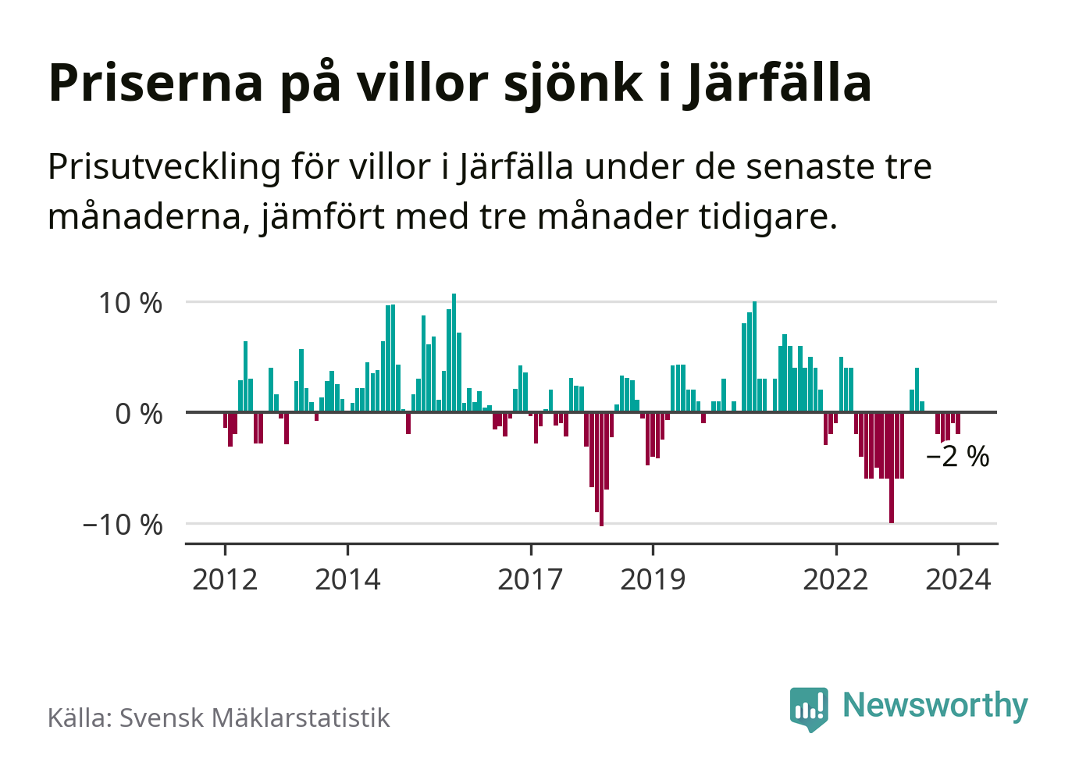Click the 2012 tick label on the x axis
coord(225,579)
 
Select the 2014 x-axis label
coord(347,579)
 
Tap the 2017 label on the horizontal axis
coord(530,579)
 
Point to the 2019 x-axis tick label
coord(653,579)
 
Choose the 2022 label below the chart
coord(835,579)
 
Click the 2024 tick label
coord(958,579)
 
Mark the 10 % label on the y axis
coord(130,303)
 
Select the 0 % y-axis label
coord(139,414)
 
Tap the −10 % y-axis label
coord(123,525)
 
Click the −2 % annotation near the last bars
coord(958,457)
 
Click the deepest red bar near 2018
coord(601,468)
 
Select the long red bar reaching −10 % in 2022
coord(892,467)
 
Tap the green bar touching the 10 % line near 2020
coord(754,356)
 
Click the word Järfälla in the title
coord(778,83)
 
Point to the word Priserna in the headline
coord(156,83)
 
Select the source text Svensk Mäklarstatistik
coord(255,718)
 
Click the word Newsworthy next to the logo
coord(935,705)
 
